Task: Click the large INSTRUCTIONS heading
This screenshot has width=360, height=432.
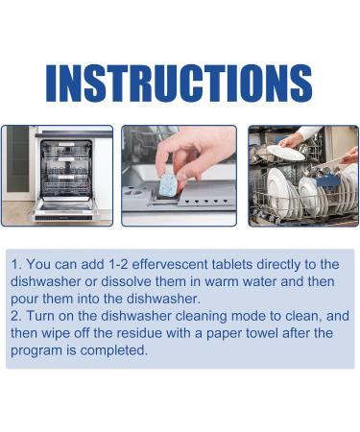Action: click(x=180, y=84)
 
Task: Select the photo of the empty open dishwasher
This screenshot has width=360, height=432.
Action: click(x=58, y=176)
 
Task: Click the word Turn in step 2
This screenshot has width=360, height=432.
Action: click(x=45, y=316)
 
